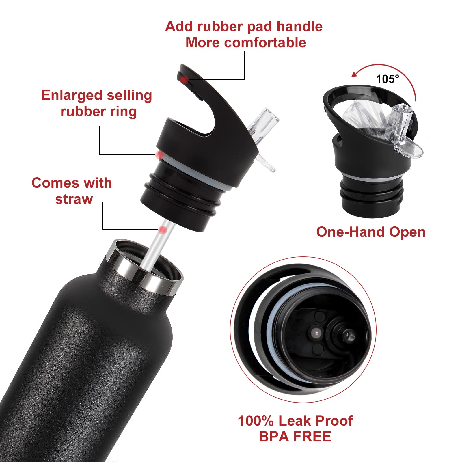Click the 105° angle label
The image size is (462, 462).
(387, 79)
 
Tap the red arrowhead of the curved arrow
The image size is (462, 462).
(355, 74)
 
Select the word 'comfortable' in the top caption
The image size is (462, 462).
(265, 43)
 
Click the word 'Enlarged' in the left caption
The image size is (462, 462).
(72, 95)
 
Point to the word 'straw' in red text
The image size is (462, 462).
(74, 199)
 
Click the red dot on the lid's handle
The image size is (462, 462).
(184, 79)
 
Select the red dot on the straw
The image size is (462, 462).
(163, 230)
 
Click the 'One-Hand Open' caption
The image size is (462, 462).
(371, 232)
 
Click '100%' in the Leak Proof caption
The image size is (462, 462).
(255, 421)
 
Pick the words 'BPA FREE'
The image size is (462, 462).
(295, 437)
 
